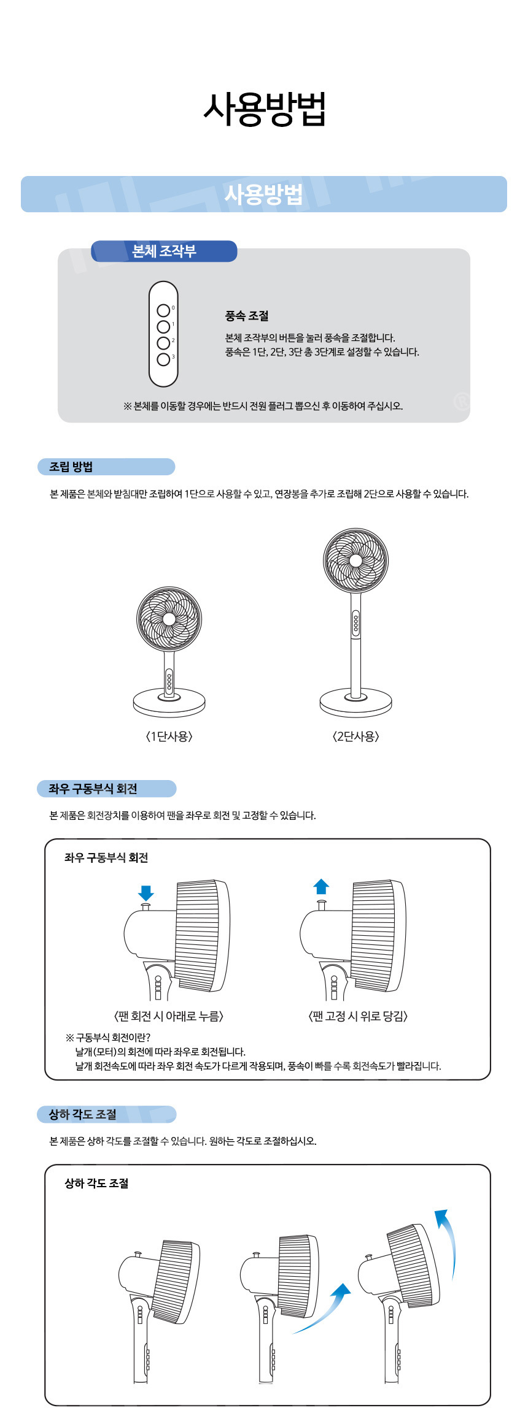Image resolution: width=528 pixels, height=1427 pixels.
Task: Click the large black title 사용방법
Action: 264,110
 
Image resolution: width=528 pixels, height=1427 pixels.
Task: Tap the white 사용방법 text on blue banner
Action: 264,194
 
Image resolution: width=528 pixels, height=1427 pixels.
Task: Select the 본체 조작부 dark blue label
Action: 164,251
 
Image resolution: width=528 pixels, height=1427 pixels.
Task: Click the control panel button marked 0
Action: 163,311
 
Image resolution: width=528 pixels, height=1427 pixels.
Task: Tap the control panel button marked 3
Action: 163,359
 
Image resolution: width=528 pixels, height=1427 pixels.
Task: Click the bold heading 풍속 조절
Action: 247,316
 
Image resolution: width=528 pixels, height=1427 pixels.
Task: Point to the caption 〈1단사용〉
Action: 169,736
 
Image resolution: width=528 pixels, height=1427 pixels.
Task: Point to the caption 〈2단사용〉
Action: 355,736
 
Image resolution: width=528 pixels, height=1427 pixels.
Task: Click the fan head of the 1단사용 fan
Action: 169,619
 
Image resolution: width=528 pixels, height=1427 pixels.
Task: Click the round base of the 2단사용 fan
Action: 355,702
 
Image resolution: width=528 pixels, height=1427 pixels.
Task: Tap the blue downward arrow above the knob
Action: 146,893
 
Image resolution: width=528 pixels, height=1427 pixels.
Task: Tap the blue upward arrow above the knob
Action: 321,887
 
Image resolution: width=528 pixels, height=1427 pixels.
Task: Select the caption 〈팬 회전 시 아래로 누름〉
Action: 169,1016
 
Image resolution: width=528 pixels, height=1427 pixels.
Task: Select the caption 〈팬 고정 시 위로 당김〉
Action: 358,1016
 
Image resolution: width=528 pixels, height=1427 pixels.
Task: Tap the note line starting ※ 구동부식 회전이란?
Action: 108,1038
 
